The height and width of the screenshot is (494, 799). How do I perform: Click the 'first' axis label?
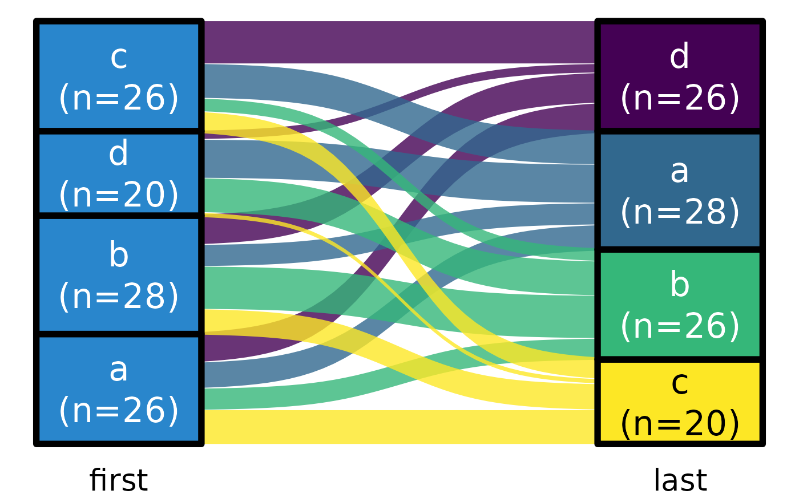pyautogui.click(x=118, y=480)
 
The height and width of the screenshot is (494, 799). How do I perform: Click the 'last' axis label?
pyautogui.click(x=680, y=480)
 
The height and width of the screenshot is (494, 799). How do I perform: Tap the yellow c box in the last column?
pyautogui.click(x=680, y=402)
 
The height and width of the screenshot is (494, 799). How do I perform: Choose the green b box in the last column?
pyautogui.click(x=680, y=305)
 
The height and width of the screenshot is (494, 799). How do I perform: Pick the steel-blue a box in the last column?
pyautogui.click(x=680, y=191)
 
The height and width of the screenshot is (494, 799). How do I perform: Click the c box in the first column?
pyautogui.click(x=119, y=76)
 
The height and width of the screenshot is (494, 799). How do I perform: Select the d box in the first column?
pyautogui.click(x=119, y=174)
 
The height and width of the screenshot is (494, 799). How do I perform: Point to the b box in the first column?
pyautogui.click(x=119, y=275)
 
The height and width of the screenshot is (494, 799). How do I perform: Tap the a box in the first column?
pyautogui.click(x=119, y=390)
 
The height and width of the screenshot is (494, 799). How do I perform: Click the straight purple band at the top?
pyautogui.click(x=399, y=42)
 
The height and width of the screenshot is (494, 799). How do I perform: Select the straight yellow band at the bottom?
pyautogui.click(x=399, y=427)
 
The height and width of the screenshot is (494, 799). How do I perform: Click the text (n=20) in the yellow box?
pyautogui.click(x=680, y=424)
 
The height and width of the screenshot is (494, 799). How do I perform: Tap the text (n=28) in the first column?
pyautogui.click(x=119, y=297)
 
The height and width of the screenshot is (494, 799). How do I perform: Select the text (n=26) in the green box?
pyautogui.click(x=680, y=326)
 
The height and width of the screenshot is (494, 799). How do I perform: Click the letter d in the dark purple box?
pyautogui.click(x=680, y=57)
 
